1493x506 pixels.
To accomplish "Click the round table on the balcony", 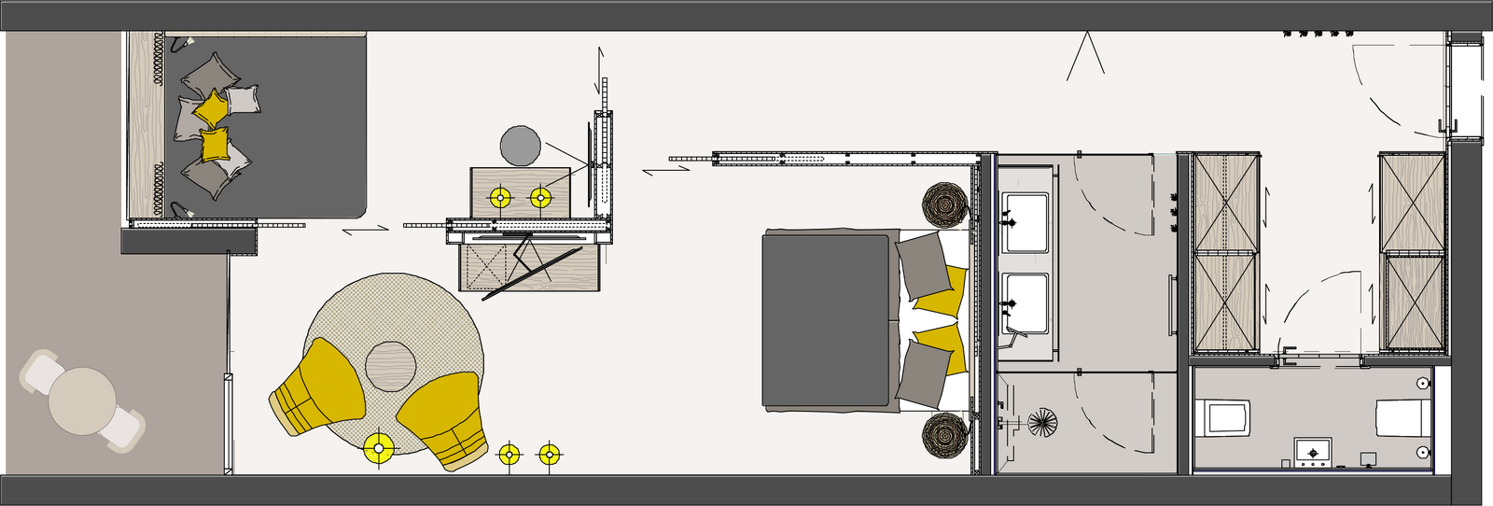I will [x=82, y=401].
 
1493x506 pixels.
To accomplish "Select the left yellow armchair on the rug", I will [x=318, y=386].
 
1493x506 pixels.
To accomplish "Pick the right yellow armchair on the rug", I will [x=444, y=418].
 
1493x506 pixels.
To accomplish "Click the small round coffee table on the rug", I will [x=390, y=366].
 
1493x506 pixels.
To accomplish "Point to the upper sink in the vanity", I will [x=1026, y=222].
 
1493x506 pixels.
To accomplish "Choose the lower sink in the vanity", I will [x=1026, y=303].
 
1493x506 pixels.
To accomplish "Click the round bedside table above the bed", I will [x=946, y=205].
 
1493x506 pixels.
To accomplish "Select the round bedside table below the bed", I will [x=946, y=435].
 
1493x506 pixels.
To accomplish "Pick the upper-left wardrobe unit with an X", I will [x=1226, y=203].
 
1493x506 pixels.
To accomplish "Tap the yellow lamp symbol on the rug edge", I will [x=379, y=448].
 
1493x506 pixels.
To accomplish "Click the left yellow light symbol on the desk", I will [x=501, y=198].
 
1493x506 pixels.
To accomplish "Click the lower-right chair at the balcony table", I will [x=123, y=430].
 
